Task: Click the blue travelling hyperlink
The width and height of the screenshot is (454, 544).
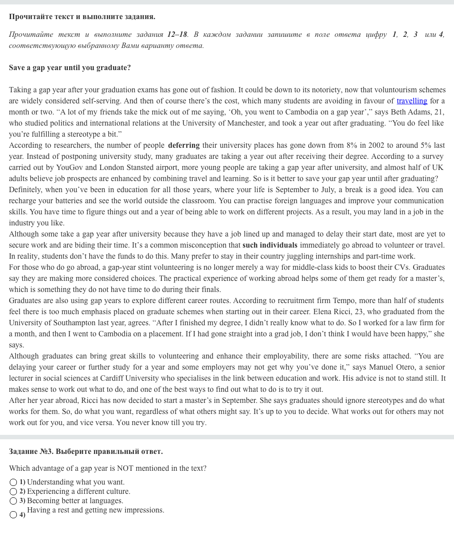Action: click(x=411, y=101)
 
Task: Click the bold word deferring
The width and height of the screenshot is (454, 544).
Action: click(x=184, y=146)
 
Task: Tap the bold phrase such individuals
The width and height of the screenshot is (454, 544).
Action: click(x=270, y=245)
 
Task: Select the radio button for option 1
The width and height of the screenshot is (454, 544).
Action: click(x=13, y=482)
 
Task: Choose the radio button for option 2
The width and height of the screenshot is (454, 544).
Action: click(x=13, y=492)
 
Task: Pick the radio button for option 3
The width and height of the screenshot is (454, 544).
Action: click(x=13, y=501)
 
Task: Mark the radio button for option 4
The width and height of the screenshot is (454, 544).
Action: click(x=13, y=515)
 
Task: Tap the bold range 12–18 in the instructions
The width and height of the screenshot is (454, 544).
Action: click(x=177, y=35)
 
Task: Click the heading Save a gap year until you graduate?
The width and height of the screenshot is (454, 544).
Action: click(x=70, y=68)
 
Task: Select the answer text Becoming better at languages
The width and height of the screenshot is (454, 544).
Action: click(x=75, y=501)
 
